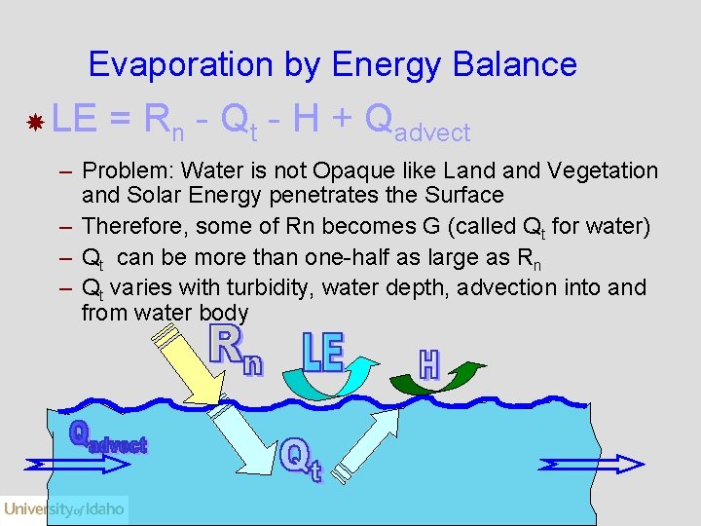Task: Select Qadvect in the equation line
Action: tap(417, 123)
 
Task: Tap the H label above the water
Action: tap(429, 364)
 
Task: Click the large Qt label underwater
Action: tap(301, 459)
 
